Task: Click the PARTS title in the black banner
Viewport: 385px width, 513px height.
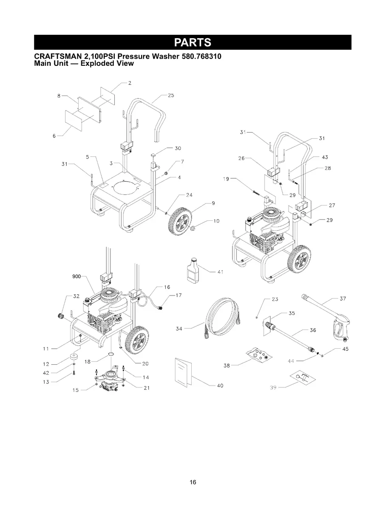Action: click(192, 42)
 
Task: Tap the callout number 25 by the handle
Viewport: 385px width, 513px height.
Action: click(171, 96)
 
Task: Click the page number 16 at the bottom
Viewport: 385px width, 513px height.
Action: click(193, 482)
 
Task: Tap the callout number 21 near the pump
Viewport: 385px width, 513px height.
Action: click(147, 387)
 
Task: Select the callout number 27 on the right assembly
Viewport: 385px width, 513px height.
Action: click(332, 205)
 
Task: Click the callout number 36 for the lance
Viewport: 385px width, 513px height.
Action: click(314, 330)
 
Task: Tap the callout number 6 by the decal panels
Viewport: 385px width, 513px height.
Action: click(54, 136)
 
